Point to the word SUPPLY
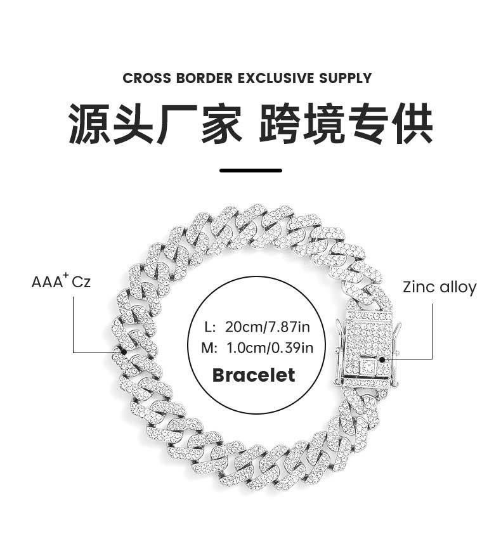(x=346, y=78)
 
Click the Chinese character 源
(x=89, y=123)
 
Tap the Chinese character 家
(x=222, y=123)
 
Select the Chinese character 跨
(x=279, y=123)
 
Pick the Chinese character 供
(x=412, y=123)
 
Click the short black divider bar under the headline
(x=251, y=170)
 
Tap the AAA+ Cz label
(x=61, y=281)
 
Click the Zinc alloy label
(x=439, y=287)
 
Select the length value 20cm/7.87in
(x=267, y=327)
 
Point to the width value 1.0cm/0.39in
(x=270, y=348)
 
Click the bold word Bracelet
(x=254, y=375)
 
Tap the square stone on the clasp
(x=368, y=365)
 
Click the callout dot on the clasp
(x=382, y=359)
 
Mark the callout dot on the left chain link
(x=124, y=352)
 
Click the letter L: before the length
(x=210, y=327)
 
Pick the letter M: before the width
(x=209, y=348)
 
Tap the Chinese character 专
(x=368, y=123)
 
